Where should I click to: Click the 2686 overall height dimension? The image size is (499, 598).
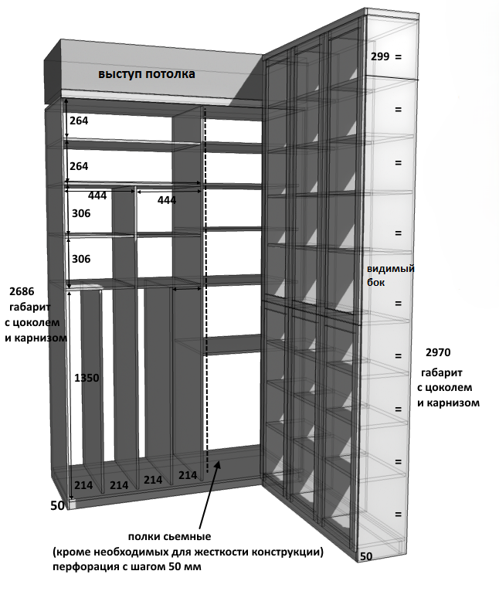tap(22, 292)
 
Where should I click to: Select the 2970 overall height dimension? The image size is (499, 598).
tap(439, 352)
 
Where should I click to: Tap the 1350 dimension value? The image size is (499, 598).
tap(87, 378)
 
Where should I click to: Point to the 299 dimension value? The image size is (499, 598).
tap(379, 56)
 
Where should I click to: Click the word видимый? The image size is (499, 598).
tap(391, 269)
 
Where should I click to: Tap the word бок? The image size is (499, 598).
tap(375, 283)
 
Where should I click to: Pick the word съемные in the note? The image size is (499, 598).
tap(186, 537)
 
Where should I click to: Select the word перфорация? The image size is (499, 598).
tap(85, 568)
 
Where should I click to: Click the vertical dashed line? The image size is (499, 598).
tap(205, 309)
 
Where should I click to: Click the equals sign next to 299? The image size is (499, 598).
tap(398, 57)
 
